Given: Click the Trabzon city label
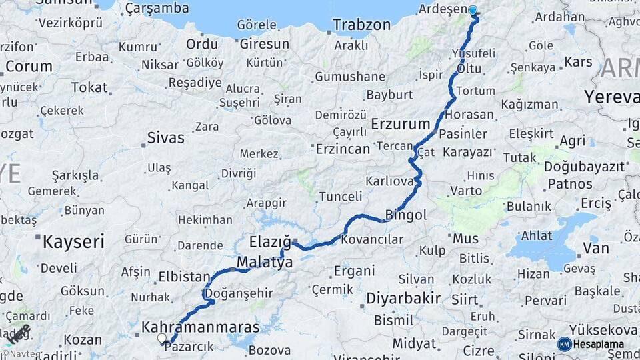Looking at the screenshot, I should pyautogui.click(x=361, y=25).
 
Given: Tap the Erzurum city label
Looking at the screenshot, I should pyautogui.click(x=400, y=124).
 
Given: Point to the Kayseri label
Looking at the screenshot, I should pyautogui.click(x=73, y=241).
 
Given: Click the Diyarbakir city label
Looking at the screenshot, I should pyautogui.click(x=403, y=298).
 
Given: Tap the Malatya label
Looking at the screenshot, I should pyautogui.click(x=265, y=263).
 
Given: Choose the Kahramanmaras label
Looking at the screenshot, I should pyautogui.click(x=200, y=327).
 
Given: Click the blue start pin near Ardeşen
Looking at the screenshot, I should pyautogui.click(x=473, y=11).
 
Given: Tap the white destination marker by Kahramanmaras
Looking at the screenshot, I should pyautogui.click(x=161, y=339).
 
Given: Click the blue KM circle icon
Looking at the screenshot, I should pyautogui.click(x=564, y=344).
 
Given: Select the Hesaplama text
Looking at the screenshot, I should pyautogui.click(x=598, y=345).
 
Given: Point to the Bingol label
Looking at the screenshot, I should pyautogui.click(x=406, y=215).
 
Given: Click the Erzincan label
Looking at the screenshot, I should pyautogui.click(x=342, y=149).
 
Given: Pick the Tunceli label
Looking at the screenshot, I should pyautogui.click(x=340, y=197).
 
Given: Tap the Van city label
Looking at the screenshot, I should pyautogui.click(x=595, y=249).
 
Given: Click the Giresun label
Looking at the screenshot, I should pyautogui.click(x=264, y=44).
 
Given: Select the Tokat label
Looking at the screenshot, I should pyautogui.click(x=89, y=87).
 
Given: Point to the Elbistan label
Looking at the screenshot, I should pyautogui.click(x=184, y=276).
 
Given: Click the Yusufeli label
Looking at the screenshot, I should pyautogui.click(x=473, y=53).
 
